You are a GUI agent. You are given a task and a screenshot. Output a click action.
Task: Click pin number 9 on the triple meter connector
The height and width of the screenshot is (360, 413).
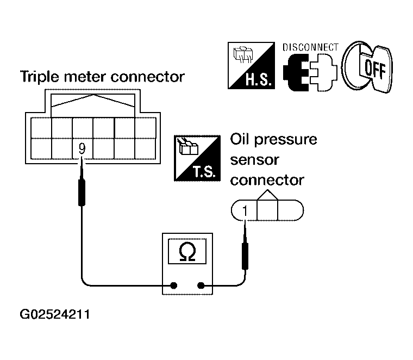click(82, 149)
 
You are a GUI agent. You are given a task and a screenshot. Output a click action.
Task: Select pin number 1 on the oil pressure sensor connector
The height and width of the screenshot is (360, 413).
click(245, 211)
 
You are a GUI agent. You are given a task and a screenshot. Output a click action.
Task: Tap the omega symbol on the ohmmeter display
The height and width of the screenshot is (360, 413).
click(187, 252)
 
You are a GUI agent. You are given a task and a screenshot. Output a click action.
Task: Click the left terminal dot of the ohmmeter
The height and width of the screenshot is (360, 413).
click(173, 285)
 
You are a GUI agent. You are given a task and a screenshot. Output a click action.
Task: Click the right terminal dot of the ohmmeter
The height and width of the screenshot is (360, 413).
click(201, 285)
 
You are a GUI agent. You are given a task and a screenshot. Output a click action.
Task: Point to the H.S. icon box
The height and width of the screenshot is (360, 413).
click(251, 65)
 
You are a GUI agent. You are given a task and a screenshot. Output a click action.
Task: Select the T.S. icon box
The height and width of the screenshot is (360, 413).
click(197, 158)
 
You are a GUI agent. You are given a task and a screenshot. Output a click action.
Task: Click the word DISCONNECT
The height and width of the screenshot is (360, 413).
click(310, 47)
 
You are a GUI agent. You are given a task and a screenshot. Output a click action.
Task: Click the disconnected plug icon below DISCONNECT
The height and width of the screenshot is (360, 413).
click(310, 72)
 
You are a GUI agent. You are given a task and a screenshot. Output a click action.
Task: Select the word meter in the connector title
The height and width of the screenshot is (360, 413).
click(85, 77)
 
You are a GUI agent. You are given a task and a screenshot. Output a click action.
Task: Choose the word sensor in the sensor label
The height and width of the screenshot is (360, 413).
click(254, 160)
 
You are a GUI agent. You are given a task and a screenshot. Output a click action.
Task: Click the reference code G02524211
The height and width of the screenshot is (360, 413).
click(55, 314)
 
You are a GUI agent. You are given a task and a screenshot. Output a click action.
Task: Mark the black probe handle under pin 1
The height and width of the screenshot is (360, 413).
click(245, 256)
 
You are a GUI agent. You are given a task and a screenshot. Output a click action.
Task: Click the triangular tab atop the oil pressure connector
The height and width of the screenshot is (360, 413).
click(267, 195)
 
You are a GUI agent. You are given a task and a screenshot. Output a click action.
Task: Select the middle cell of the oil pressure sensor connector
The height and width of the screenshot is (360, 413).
click(267, 210)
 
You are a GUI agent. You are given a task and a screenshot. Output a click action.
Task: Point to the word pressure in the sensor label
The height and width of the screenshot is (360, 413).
click(285, 140)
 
